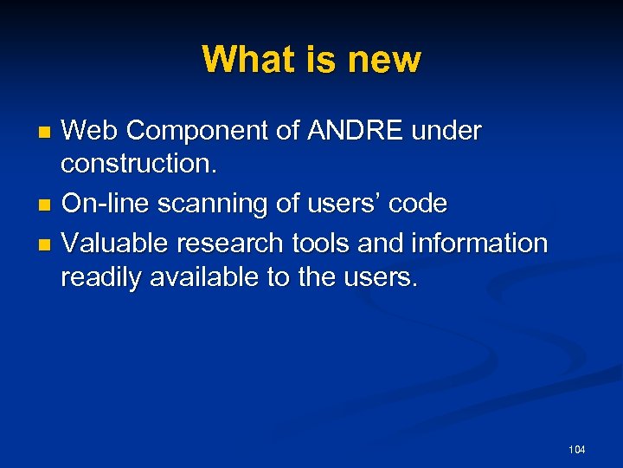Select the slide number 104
tap(577, 449)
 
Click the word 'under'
tap(447, 131)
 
